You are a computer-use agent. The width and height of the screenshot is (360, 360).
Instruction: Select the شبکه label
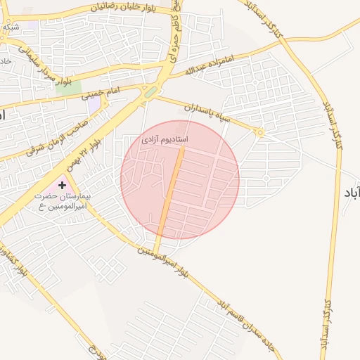coord(12,27)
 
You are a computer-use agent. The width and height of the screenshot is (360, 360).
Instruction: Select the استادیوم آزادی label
coord(163,141)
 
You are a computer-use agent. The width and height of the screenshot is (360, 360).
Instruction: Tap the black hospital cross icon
coord(63,185)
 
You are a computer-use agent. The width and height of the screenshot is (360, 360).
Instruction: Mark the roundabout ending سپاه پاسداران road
coord(260,131)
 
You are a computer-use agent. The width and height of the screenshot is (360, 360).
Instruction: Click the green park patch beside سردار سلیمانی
coord(68,87)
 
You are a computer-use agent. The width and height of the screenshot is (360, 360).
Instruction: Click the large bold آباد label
coord(350,191)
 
